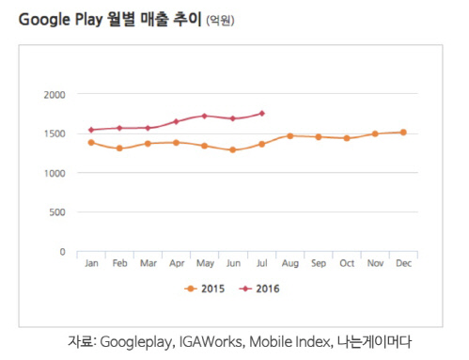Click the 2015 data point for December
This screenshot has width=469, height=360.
403,133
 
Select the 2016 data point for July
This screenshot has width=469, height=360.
261,114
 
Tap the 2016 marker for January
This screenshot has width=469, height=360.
91,130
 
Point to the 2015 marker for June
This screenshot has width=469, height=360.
233,149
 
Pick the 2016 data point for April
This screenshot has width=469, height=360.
177,121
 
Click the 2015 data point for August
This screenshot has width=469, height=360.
290,135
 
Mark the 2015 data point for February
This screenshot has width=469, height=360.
119,149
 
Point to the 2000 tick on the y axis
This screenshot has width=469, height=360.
55,95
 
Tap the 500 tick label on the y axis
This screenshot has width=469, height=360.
57,213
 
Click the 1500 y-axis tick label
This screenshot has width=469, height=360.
55,134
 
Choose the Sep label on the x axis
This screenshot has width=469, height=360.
318,264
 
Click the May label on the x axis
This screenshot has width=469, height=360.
205,264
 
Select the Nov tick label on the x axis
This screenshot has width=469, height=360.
375,264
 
